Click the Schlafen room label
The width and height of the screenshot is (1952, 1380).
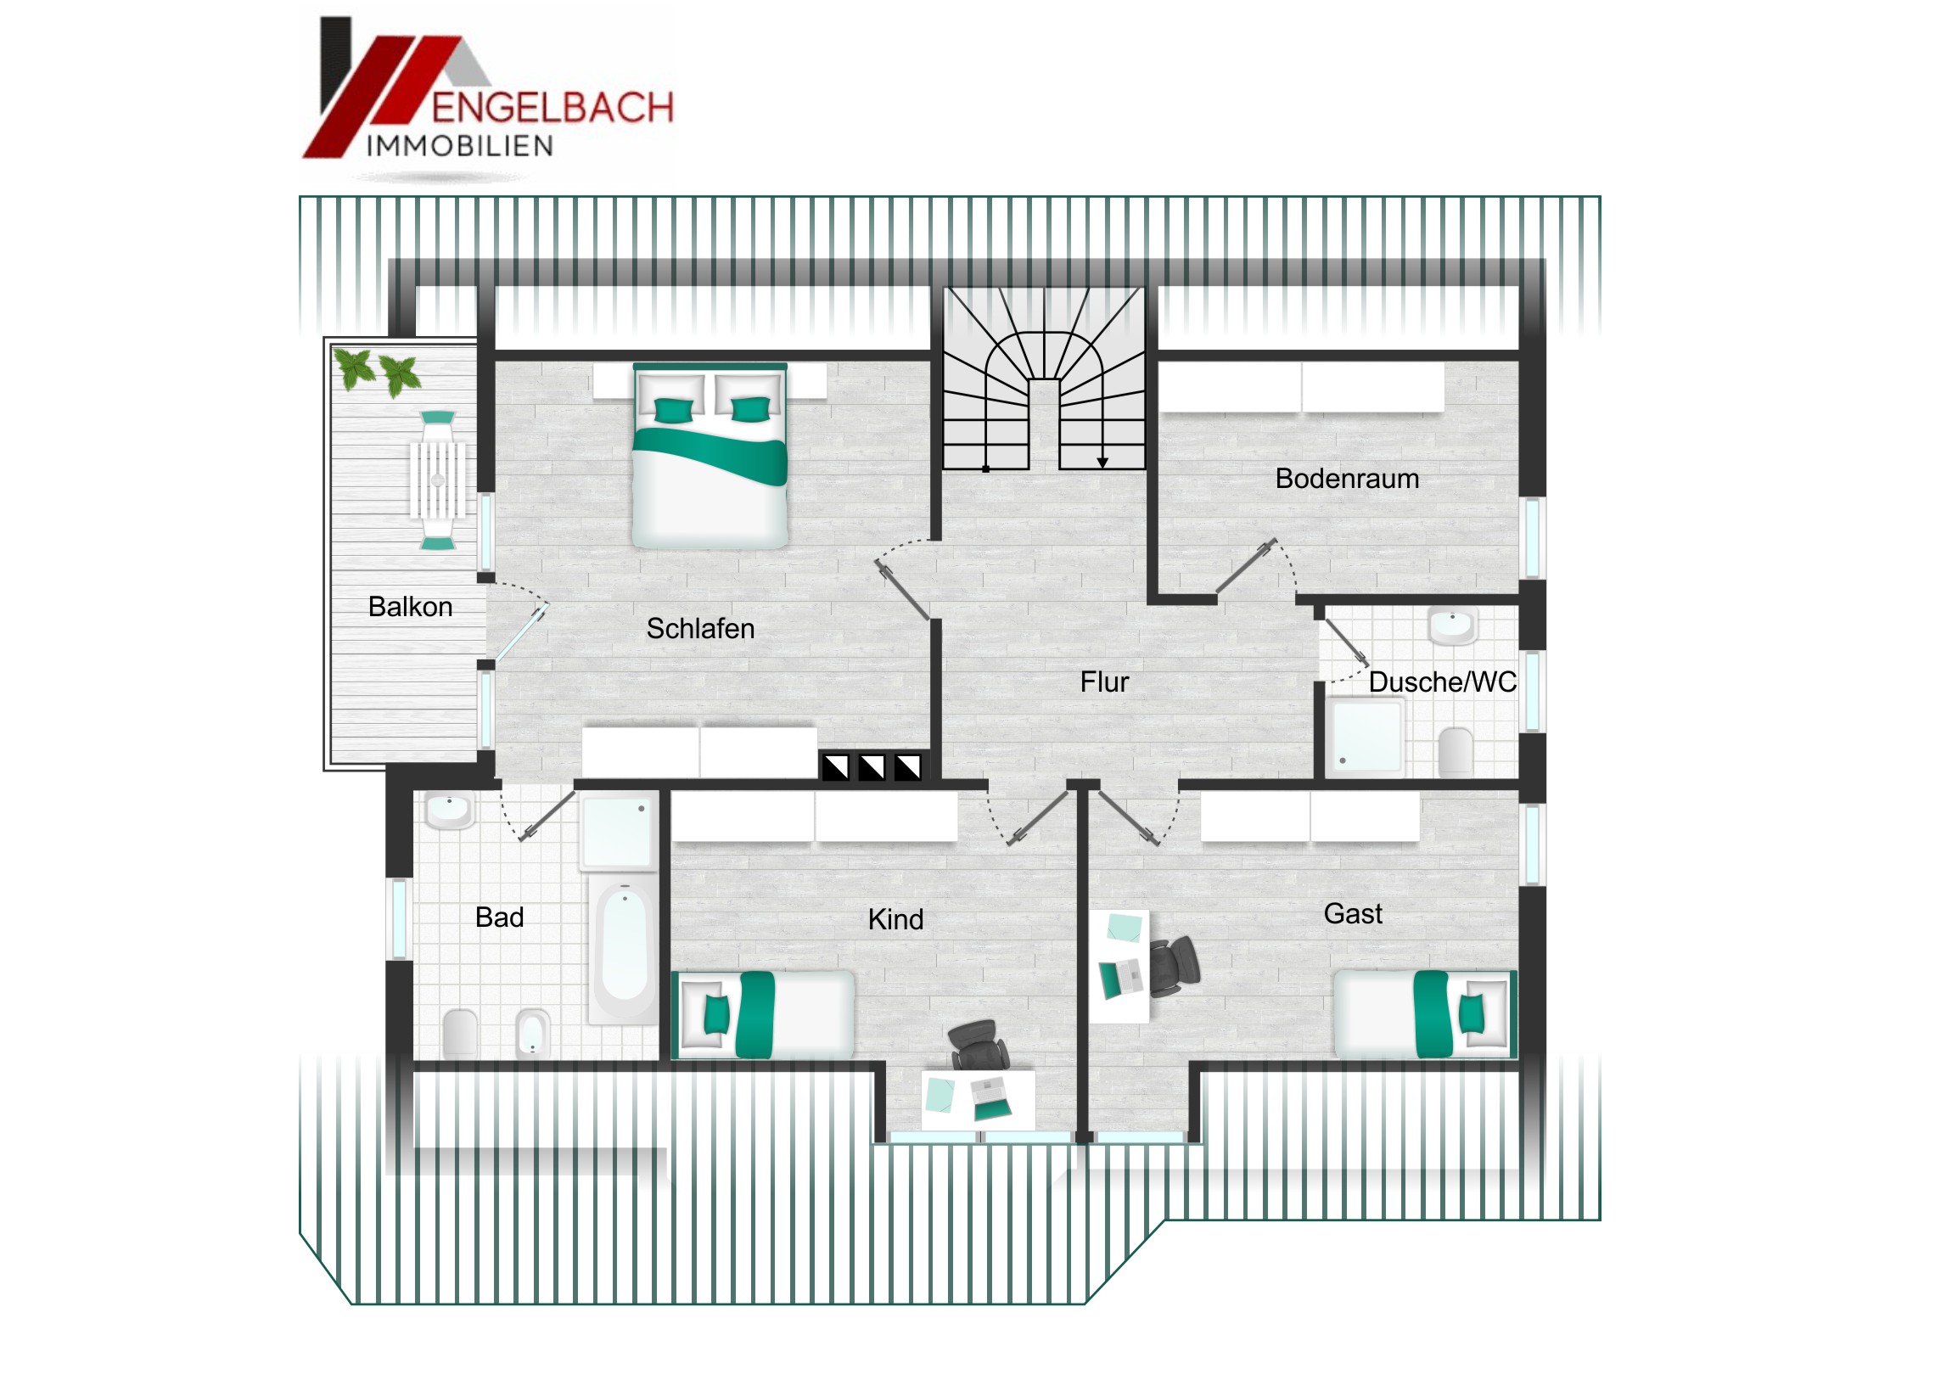700,628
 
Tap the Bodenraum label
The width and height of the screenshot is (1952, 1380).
1347,479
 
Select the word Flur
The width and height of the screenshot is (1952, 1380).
1104,682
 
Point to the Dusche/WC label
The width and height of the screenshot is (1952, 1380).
1443,682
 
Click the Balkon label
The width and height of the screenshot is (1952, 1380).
410,606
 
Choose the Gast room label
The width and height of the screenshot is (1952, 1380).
1353,914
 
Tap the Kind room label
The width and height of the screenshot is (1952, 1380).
895,919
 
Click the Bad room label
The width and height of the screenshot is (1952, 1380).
499,917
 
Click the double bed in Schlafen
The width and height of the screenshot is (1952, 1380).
710,456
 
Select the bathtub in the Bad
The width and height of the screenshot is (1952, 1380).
625,951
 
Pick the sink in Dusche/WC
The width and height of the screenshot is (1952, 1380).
1453,625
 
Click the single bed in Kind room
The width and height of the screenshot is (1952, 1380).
764,1014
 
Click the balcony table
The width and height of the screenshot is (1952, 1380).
438,480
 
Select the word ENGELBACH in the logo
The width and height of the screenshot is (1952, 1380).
553,108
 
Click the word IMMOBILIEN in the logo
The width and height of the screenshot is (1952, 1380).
460,146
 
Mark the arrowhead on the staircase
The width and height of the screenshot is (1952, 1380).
1102,463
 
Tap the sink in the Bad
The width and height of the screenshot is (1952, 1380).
450,811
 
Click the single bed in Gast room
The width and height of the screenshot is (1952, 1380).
1426,1014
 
